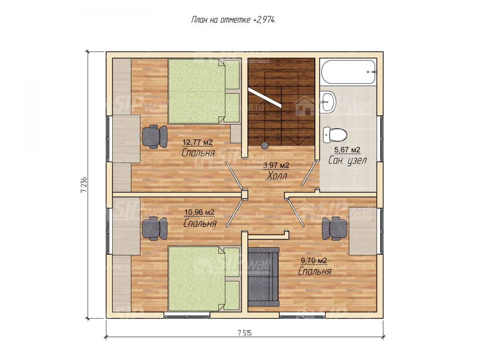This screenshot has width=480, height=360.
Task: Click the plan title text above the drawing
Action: coord(233,20)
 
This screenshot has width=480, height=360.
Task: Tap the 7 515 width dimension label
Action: coord(244,333)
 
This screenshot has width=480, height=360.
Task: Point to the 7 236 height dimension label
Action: coord(84,185)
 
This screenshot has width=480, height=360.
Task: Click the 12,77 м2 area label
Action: coord(197,142)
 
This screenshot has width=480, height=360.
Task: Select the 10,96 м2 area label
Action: coord(199,212)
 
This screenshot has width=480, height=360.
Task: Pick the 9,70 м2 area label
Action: coord(314,260)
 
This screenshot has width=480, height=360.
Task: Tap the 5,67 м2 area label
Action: coord(347,150)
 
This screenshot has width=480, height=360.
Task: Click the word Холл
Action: coord(277,176)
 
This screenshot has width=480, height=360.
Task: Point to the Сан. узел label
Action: coord(347,160)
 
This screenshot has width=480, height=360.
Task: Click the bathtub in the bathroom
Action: coord(348,72)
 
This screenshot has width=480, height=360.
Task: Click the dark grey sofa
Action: coord(263,277)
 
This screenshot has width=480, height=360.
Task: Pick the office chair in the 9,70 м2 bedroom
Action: coord(334,229)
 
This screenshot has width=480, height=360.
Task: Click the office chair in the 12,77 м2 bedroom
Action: coord(155,137)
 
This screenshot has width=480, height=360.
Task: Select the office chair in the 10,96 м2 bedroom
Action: coord(155,229)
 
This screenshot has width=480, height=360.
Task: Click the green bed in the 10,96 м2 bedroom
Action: coord(203,278)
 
